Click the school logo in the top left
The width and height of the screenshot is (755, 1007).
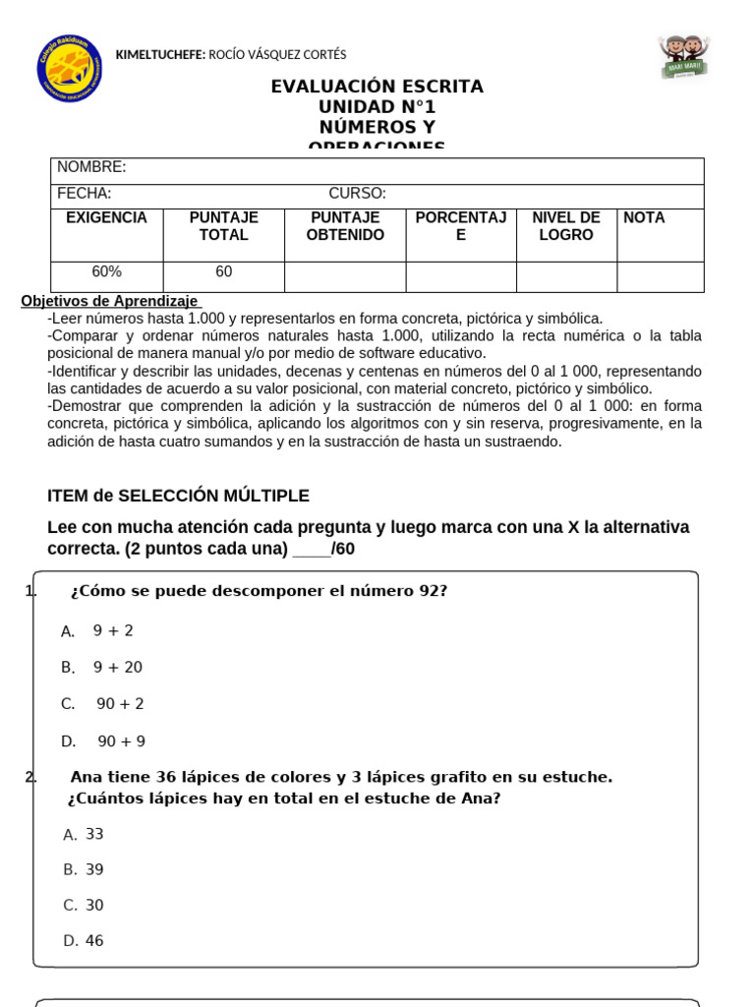click(69, 70)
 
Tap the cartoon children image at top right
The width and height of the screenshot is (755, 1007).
click(685, 56)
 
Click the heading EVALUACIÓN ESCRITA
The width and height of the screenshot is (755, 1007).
click(377, 87)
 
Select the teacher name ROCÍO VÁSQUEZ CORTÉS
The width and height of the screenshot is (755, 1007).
click(276, 55)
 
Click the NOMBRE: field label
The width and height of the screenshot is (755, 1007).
click(91, 167)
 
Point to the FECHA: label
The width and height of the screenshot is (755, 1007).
click(85, 194)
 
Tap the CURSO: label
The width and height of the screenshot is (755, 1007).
click(357, 194)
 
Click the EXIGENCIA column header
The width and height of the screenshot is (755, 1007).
click(106, 217)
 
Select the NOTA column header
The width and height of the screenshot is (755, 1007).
click(644, 217)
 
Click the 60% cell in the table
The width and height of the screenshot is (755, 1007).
click(106, 271)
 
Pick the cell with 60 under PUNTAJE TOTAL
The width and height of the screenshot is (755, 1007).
click(223, 271)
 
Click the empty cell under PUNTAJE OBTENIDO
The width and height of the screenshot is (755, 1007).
click(345, 276)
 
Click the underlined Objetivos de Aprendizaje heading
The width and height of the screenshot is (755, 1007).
click(109, 301)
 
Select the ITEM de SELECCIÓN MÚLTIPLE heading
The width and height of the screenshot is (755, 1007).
click(178, 496)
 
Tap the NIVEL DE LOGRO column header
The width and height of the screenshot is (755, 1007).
click(566, 226)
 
